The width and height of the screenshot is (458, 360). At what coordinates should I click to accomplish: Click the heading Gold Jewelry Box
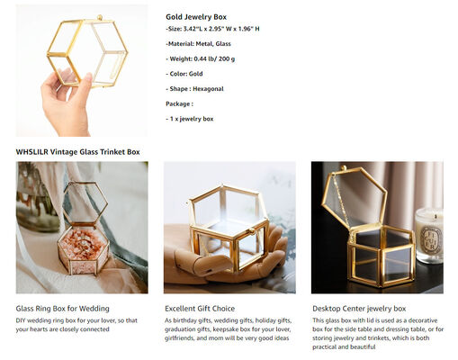point(196,16)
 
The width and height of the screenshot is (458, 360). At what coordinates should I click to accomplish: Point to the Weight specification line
point(202,58)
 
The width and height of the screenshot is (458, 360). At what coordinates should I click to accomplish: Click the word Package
point(180,103)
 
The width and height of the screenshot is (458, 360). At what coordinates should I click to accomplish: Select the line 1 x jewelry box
point(191,118)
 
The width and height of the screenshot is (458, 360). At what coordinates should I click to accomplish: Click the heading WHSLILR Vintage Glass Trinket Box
point(77,152)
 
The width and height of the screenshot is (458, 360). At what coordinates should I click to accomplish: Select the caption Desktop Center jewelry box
point(359,309)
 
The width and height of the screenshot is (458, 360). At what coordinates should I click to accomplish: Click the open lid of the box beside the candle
point(356,193)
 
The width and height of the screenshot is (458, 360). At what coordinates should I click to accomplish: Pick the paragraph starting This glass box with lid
point(376,333)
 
